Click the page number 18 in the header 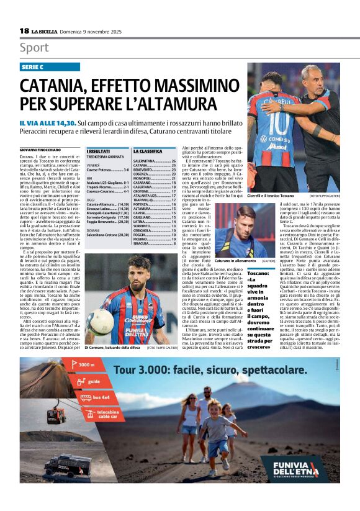(24, 30)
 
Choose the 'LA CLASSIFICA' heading (148, 151)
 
